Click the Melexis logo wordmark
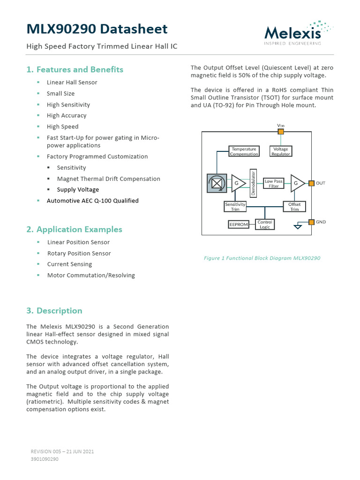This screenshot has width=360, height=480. (292, 33)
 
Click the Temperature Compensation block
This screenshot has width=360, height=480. (244, 151)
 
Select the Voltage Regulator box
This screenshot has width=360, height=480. (281, 151)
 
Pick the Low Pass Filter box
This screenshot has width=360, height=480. (274, 183)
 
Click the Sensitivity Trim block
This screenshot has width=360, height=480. (235, 207)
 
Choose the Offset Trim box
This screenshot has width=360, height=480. (294, 207)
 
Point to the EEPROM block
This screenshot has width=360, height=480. (238, 225)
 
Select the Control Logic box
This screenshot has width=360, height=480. (265, 225)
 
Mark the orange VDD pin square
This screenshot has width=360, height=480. (281, 132)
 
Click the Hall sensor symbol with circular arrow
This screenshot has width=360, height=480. (217, 183)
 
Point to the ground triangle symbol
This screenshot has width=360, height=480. (297, 227)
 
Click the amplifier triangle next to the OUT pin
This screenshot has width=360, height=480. (297, 183)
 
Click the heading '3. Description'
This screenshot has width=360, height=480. (54, 311)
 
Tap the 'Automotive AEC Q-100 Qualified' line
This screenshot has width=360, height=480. (92, 201)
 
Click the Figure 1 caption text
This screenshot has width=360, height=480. (262, 258)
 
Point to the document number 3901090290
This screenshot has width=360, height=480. (45, 459)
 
